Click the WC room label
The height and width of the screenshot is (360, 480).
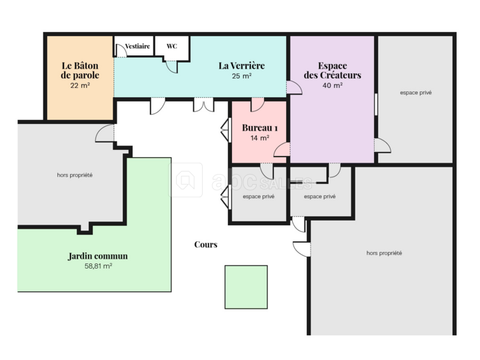(x=172, y=46)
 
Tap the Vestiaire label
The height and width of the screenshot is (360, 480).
(x=137, y=46)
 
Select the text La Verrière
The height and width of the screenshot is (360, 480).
(x=241, y=65)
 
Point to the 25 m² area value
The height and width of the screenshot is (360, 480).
(x=241, y=76)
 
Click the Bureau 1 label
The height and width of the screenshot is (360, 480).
(x=259, y=127)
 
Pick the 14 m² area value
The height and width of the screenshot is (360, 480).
(x=259, y=138)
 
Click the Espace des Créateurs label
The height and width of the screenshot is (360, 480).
(x=333, y=71)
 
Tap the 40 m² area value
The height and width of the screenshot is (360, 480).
(x=333, y=85)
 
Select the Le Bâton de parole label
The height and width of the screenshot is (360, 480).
(x=80, y=71)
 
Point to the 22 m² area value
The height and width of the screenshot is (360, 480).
(x=80, y=85)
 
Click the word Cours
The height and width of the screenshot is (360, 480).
(x=206, y=244)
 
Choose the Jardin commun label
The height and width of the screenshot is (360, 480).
(x=97, y=256)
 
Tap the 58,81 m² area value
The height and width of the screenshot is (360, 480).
(x=98, y=266)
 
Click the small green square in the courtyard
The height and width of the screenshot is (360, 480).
(x=246, y=287)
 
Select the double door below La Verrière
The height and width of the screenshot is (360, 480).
(x=203, y=105)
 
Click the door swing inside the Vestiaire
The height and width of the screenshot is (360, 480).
(x=121, y=51)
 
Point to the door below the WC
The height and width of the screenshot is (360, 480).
(x=172, y=67)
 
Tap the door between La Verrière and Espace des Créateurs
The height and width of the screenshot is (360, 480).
(x=294, y=87)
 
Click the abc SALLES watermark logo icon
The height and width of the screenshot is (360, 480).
(x=185, y=180)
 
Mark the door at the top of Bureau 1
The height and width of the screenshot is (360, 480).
(x=257, y=105)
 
